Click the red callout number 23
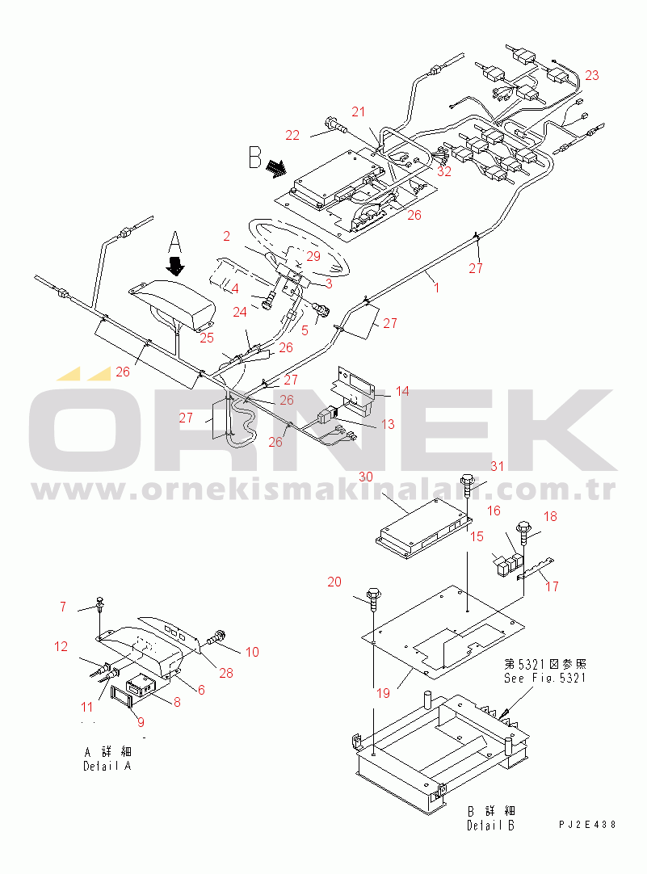pos(592,75)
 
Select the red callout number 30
pos(366,477)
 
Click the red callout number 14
pos(402,391)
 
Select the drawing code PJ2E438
pos(588,825)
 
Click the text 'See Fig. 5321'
pos(545,679)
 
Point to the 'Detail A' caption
pos(107,767)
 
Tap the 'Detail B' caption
pos(491,826)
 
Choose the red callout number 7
pos(63,607)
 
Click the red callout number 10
pos(253,652)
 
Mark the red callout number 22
pos(292,135)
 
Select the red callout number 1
pos(436,288)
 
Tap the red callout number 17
pos(552,586)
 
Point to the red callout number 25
pos(207,338)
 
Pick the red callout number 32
pos(444,171)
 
